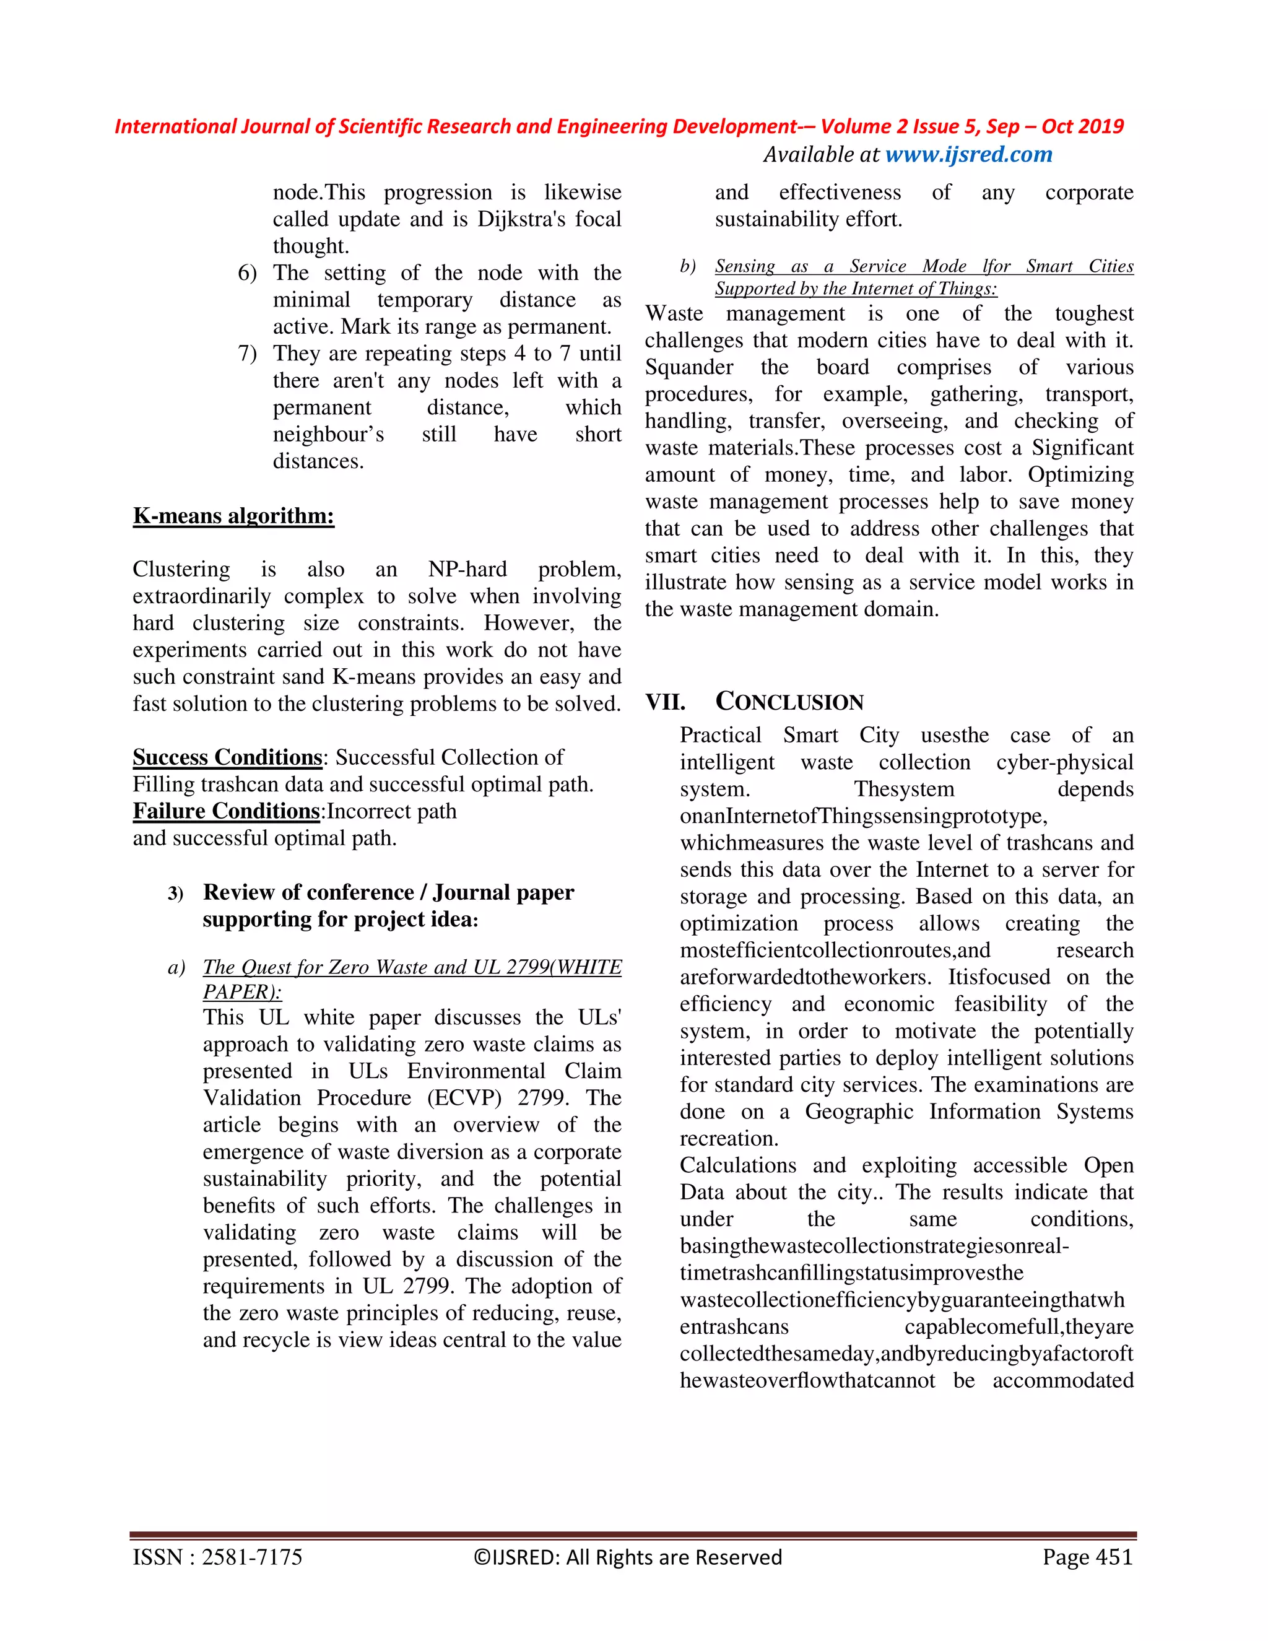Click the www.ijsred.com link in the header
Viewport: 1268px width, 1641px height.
[x=968, y=155]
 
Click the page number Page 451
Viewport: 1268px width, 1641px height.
[x=1087, y=1557]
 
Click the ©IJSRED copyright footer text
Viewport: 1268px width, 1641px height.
[x=627, y=1557]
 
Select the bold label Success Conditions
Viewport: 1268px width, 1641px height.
[x=227, y=757]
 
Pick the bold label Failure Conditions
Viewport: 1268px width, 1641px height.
[x=226, y=811]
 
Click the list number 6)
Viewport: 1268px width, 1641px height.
[x=247, y=272]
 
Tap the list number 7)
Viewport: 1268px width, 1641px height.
[x=247, y=353]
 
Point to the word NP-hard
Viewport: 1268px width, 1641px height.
[x=467, y=569]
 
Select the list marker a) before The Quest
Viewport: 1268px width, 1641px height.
[x=176, y=967]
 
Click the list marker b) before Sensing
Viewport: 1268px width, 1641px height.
[x=687, y=266]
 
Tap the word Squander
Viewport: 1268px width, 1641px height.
[x=689, y=367]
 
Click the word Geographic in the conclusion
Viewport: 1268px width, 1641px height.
[x=859, y=1112]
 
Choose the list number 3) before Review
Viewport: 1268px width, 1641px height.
[x=176, y=894]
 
